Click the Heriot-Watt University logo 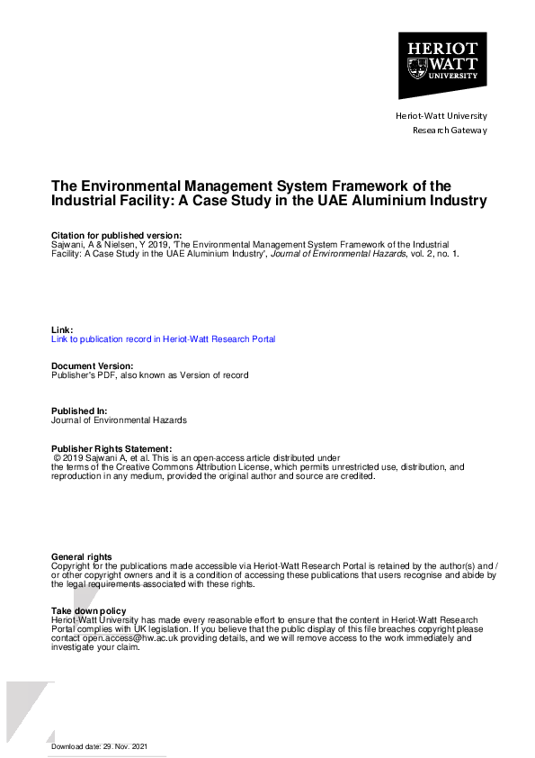pos(442,65)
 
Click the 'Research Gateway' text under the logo pos(449,131)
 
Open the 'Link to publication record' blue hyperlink pos(163,339)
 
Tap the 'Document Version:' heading pos(93,366)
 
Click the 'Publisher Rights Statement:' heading pos(111,448)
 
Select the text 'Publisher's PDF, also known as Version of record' pos(149,375)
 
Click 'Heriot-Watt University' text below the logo pos(441,116)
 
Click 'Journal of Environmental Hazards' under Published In pos(120,420)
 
